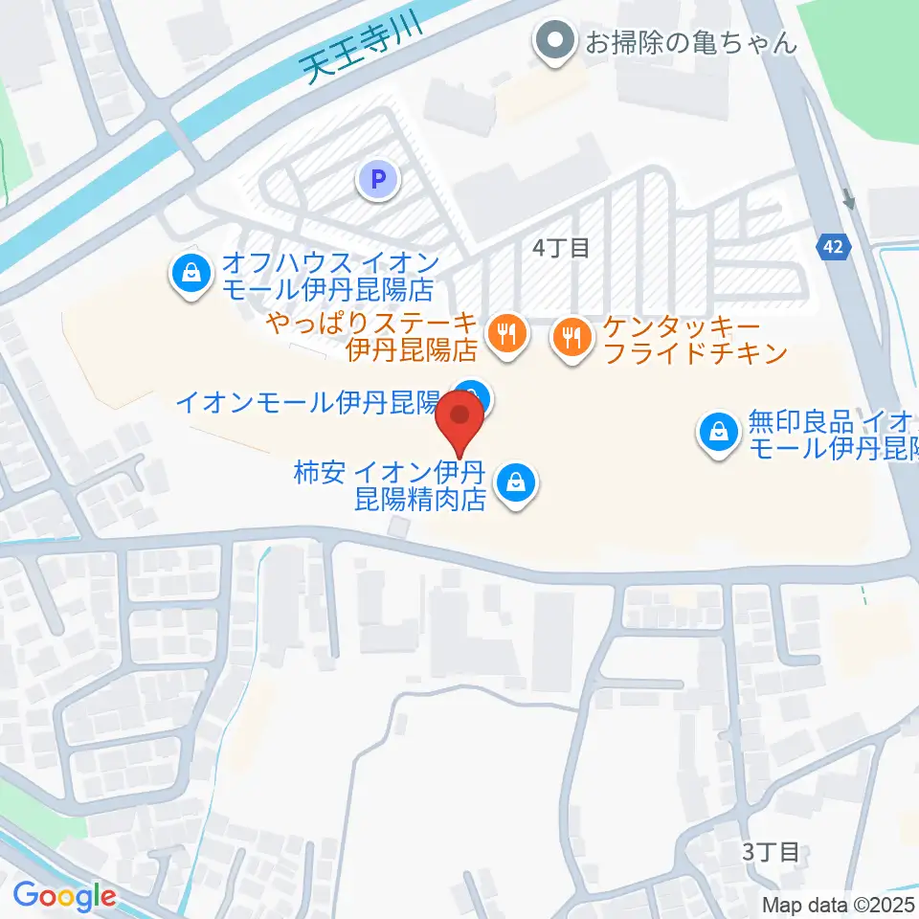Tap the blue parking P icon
coord(378,178)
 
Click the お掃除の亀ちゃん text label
coord(690,42)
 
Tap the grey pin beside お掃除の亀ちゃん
coord(554,42)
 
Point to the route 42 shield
coord(835,248)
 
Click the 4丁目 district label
coord(560,248)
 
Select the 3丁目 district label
coord(771,851)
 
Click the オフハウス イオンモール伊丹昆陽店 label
coord(328,276)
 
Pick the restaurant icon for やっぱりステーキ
coord(504,334)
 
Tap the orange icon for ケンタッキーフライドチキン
coord(572,336)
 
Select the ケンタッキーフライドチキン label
coord(694,340)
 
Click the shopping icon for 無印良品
coord(717,432)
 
